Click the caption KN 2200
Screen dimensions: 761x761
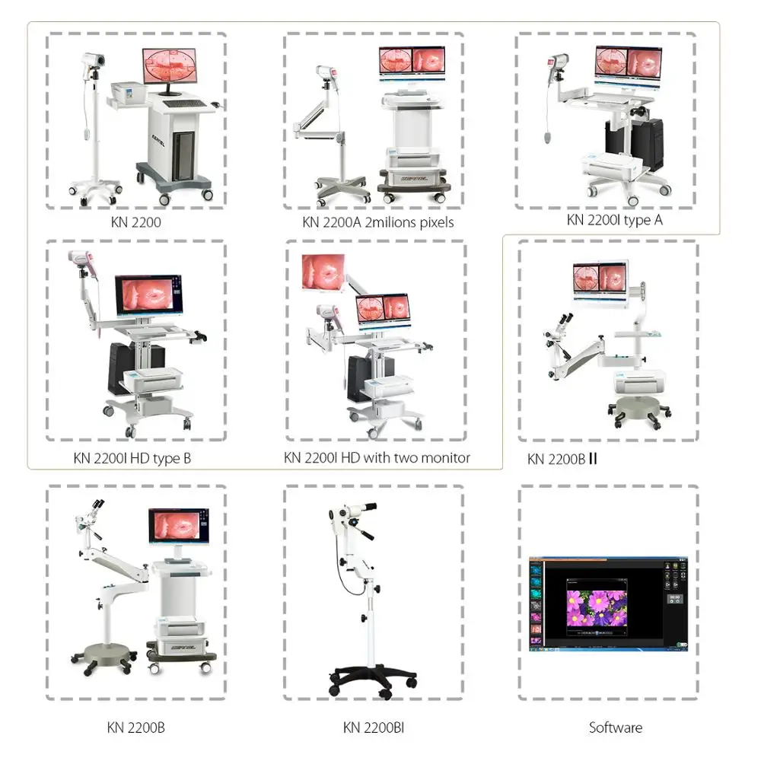[x=135, y=224]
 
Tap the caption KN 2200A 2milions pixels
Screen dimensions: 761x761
[x=377, y=222]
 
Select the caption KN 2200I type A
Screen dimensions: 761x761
[x=614, y=220]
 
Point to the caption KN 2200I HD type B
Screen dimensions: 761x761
[x=132, y=458]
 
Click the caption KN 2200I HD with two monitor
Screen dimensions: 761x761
[x=377, y=457]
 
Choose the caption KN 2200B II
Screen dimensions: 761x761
[x=561, y=460]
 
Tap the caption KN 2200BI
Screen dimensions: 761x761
[x=374, y=728]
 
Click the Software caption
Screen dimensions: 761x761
[x=616, y=728]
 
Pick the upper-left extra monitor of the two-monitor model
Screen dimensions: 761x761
[x=323, y=272]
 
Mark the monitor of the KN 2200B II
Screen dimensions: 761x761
[x=600, y=280]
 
